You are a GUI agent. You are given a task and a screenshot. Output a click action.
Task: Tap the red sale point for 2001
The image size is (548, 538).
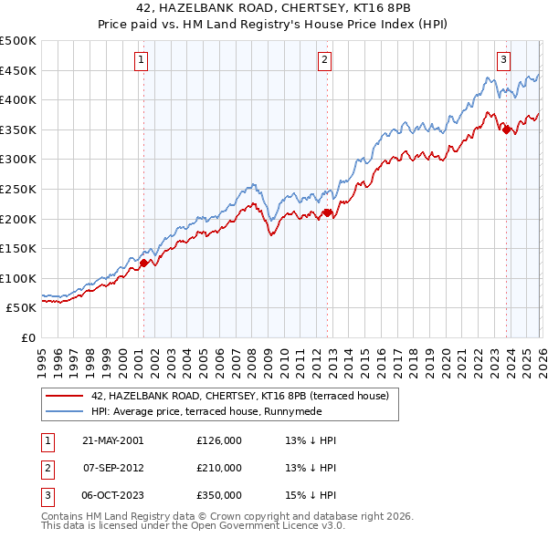143,263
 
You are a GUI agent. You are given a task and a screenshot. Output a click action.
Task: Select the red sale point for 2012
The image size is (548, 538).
327,213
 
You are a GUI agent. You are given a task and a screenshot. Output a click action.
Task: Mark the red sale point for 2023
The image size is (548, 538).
506,129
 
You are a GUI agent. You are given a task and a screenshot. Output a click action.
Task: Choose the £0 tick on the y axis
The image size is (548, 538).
28,337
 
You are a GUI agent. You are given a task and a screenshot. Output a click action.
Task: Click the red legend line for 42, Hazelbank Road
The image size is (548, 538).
65,396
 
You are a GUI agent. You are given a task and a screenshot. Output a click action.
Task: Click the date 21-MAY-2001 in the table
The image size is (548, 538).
113,440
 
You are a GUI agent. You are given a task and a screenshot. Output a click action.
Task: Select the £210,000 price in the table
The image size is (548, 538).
219,468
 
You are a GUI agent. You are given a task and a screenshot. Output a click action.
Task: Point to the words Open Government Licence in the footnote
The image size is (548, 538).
258,526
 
